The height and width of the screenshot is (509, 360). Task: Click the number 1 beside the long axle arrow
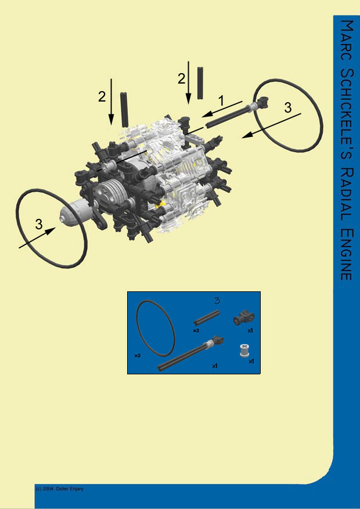[221, 100]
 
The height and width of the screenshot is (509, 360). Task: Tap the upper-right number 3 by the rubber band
[288, 107]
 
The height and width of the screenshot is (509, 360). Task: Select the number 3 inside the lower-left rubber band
[39, 225]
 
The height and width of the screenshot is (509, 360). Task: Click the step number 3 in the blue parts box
[217, 300]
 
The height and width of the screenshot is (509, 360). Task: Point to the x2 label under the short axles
[196, 330]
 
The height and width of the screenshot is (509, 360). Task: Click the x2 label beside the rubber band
[138, 355]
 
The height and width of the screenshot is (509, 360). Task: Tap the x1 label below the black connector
[250, 330]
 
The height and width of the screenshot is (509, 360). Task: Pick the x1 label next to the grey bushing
[251, 361]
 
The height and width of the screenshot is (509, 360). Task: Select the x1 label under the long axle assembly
[214, 366]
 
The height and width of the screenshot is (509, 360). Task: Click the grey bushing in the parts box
[244, 350]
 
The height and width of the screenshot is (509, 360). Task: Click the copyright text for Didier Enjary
[60, 489]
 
